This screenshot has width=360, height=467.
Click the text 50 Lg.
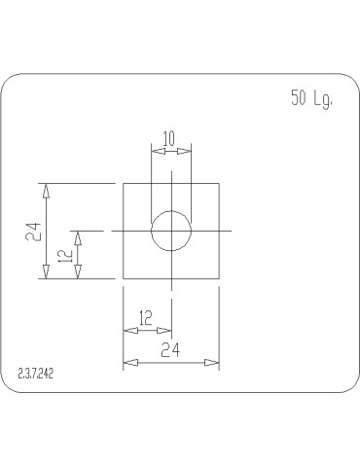[311, 97]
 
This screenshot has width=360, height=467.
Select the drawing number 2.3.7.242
[35, 373]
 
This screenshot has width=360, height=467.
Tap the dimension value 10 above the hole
[169, 138]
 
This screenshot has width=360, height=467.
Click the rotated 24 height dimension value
[34, 231]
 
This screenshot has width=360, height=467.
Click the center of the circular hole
[171, 231]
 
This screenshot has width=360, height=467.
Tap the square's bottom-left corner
[123, 278]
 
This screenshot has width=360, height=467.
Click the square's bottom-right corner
[218, 278]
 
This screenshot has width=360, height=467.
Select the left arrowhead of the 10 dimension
[155, 149]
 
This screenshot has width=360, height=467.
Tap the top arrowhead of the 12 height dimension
[79, 234]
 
